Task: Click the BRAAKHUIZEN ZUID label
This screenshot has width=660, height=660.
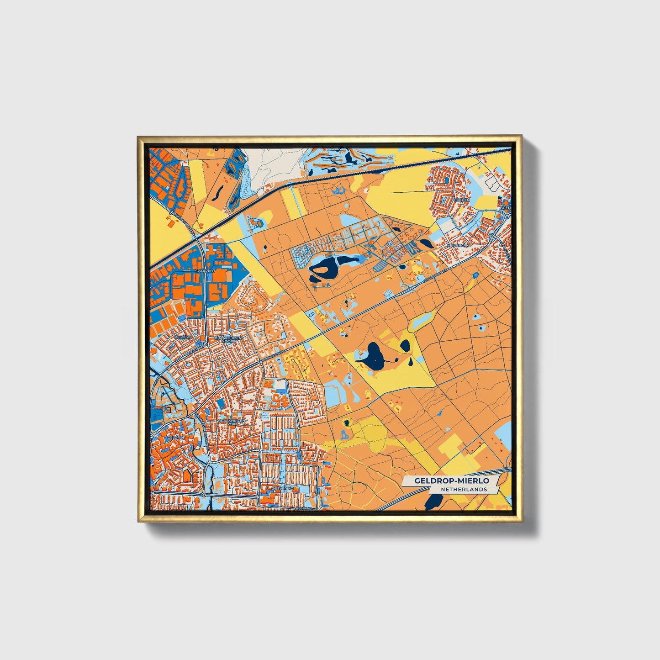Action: (232, 422)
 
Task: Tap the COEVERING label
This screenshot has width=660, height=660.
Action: (282, 489)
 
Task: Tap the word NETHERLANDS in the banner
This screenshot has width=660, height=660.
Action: (464, 489)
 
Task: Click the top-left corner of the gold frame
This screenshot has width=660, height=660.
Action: (138, 136)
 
